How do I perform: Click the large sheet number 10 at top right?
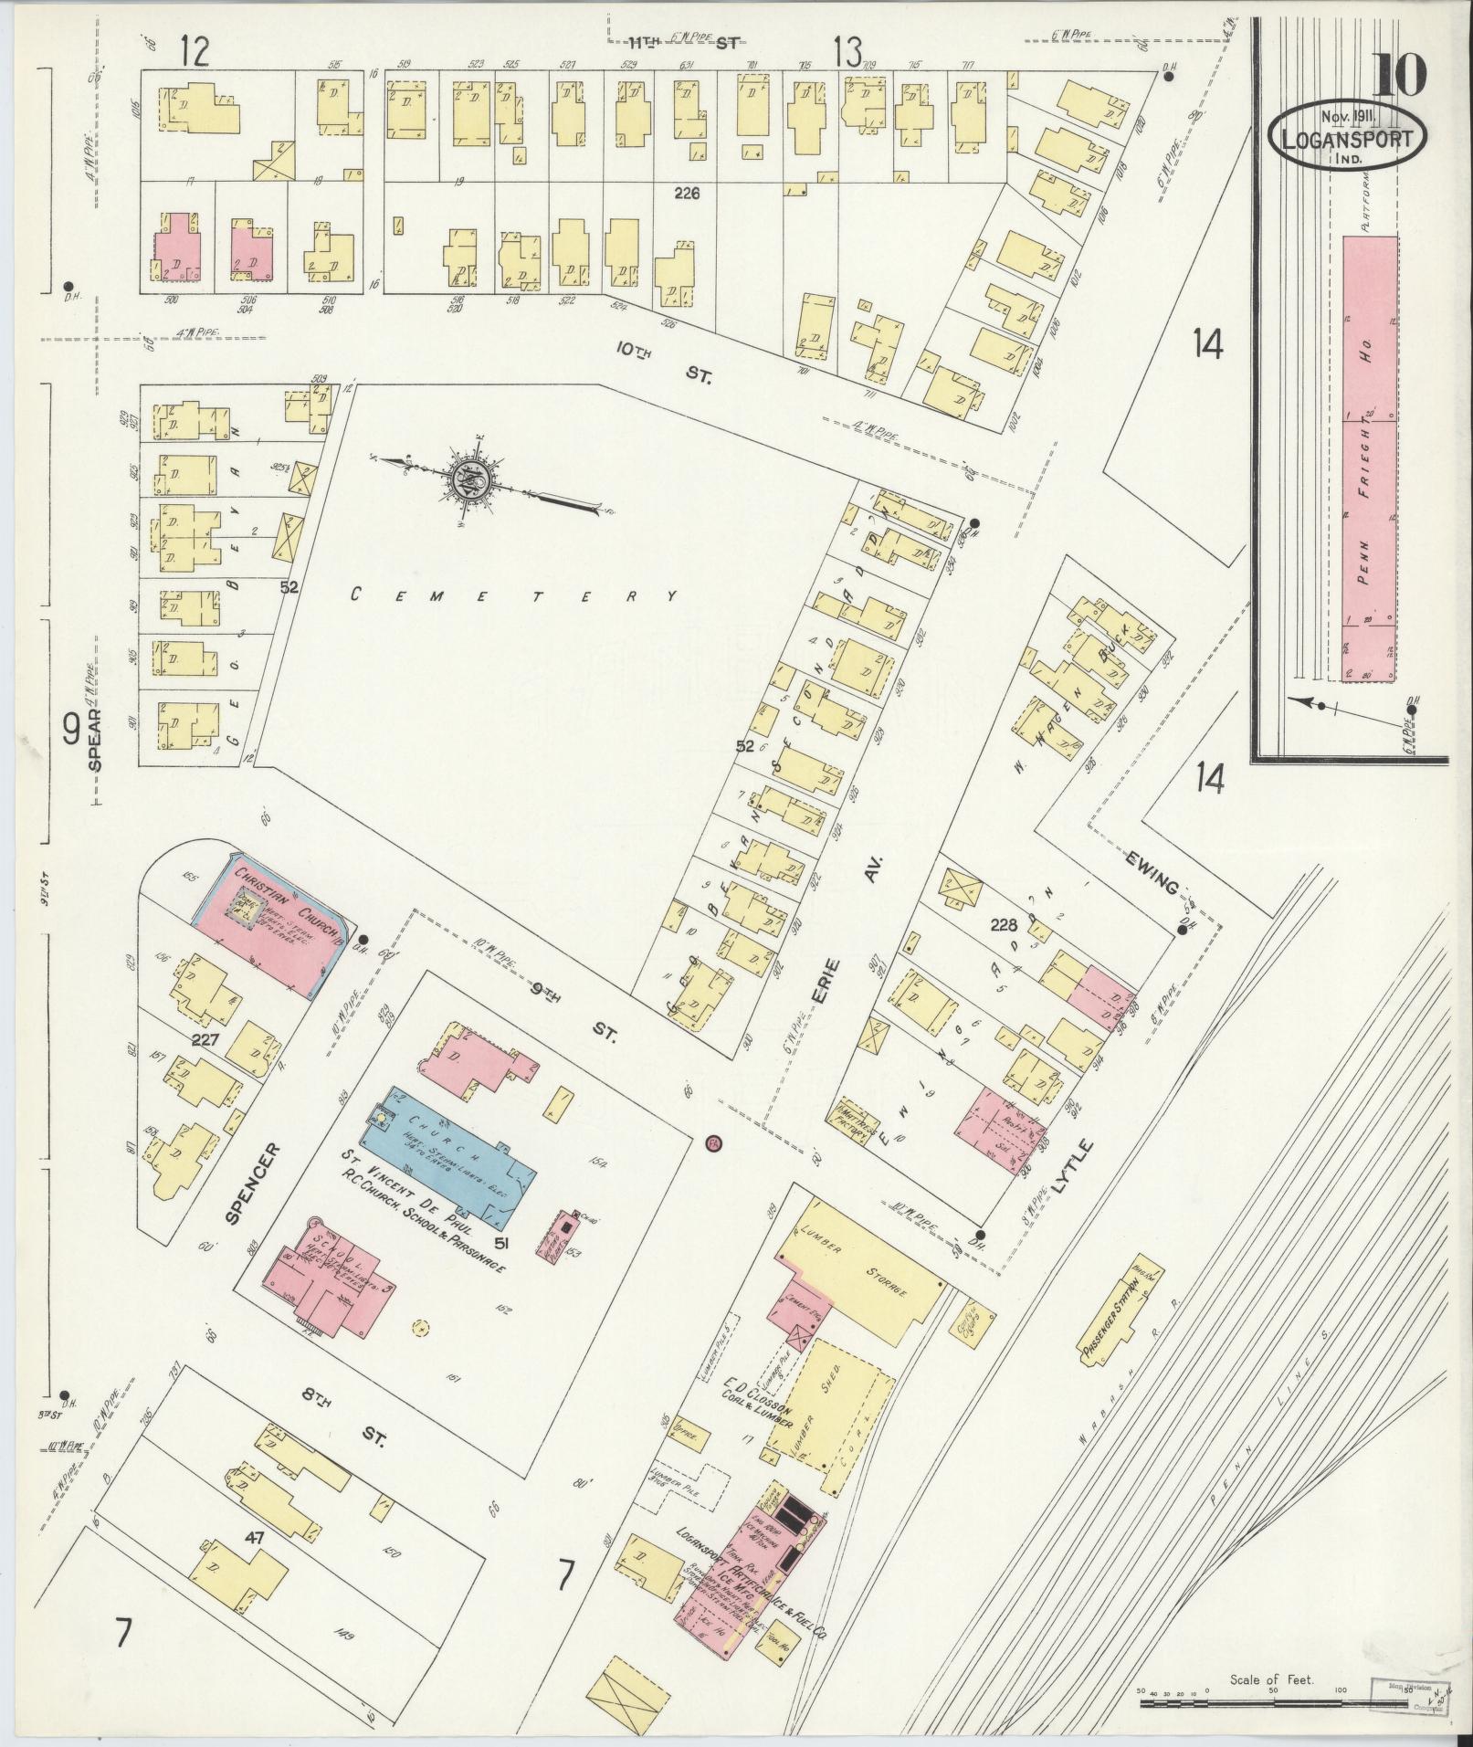point(1397,73)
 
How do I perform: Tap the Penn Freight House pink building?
point(1370,457)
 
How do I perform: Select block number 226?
point(686,193)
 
